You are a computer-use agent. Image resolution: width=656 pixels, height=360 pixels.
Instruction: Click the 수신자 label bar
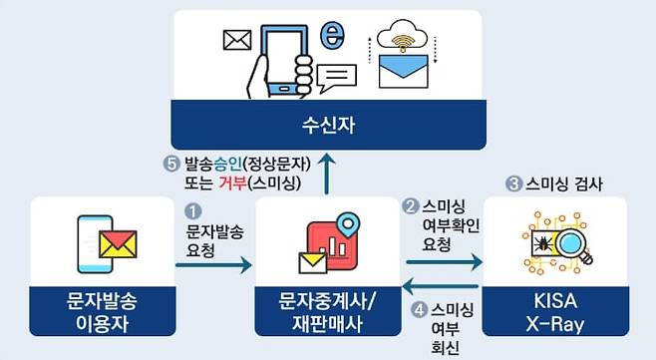(328, 127)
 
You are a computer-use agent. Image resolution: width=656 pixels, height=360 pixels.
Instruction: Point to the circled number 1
(193, 211)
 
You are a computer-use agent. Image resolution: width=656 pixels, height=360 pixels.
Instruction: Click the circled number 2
(410, 207)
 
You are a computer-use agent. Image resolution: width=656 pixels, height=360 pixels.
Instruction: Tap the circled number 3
(513, 183)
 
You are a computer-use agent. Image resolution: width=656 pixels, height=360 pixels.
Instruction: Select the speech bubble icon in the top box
(336, 75)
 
